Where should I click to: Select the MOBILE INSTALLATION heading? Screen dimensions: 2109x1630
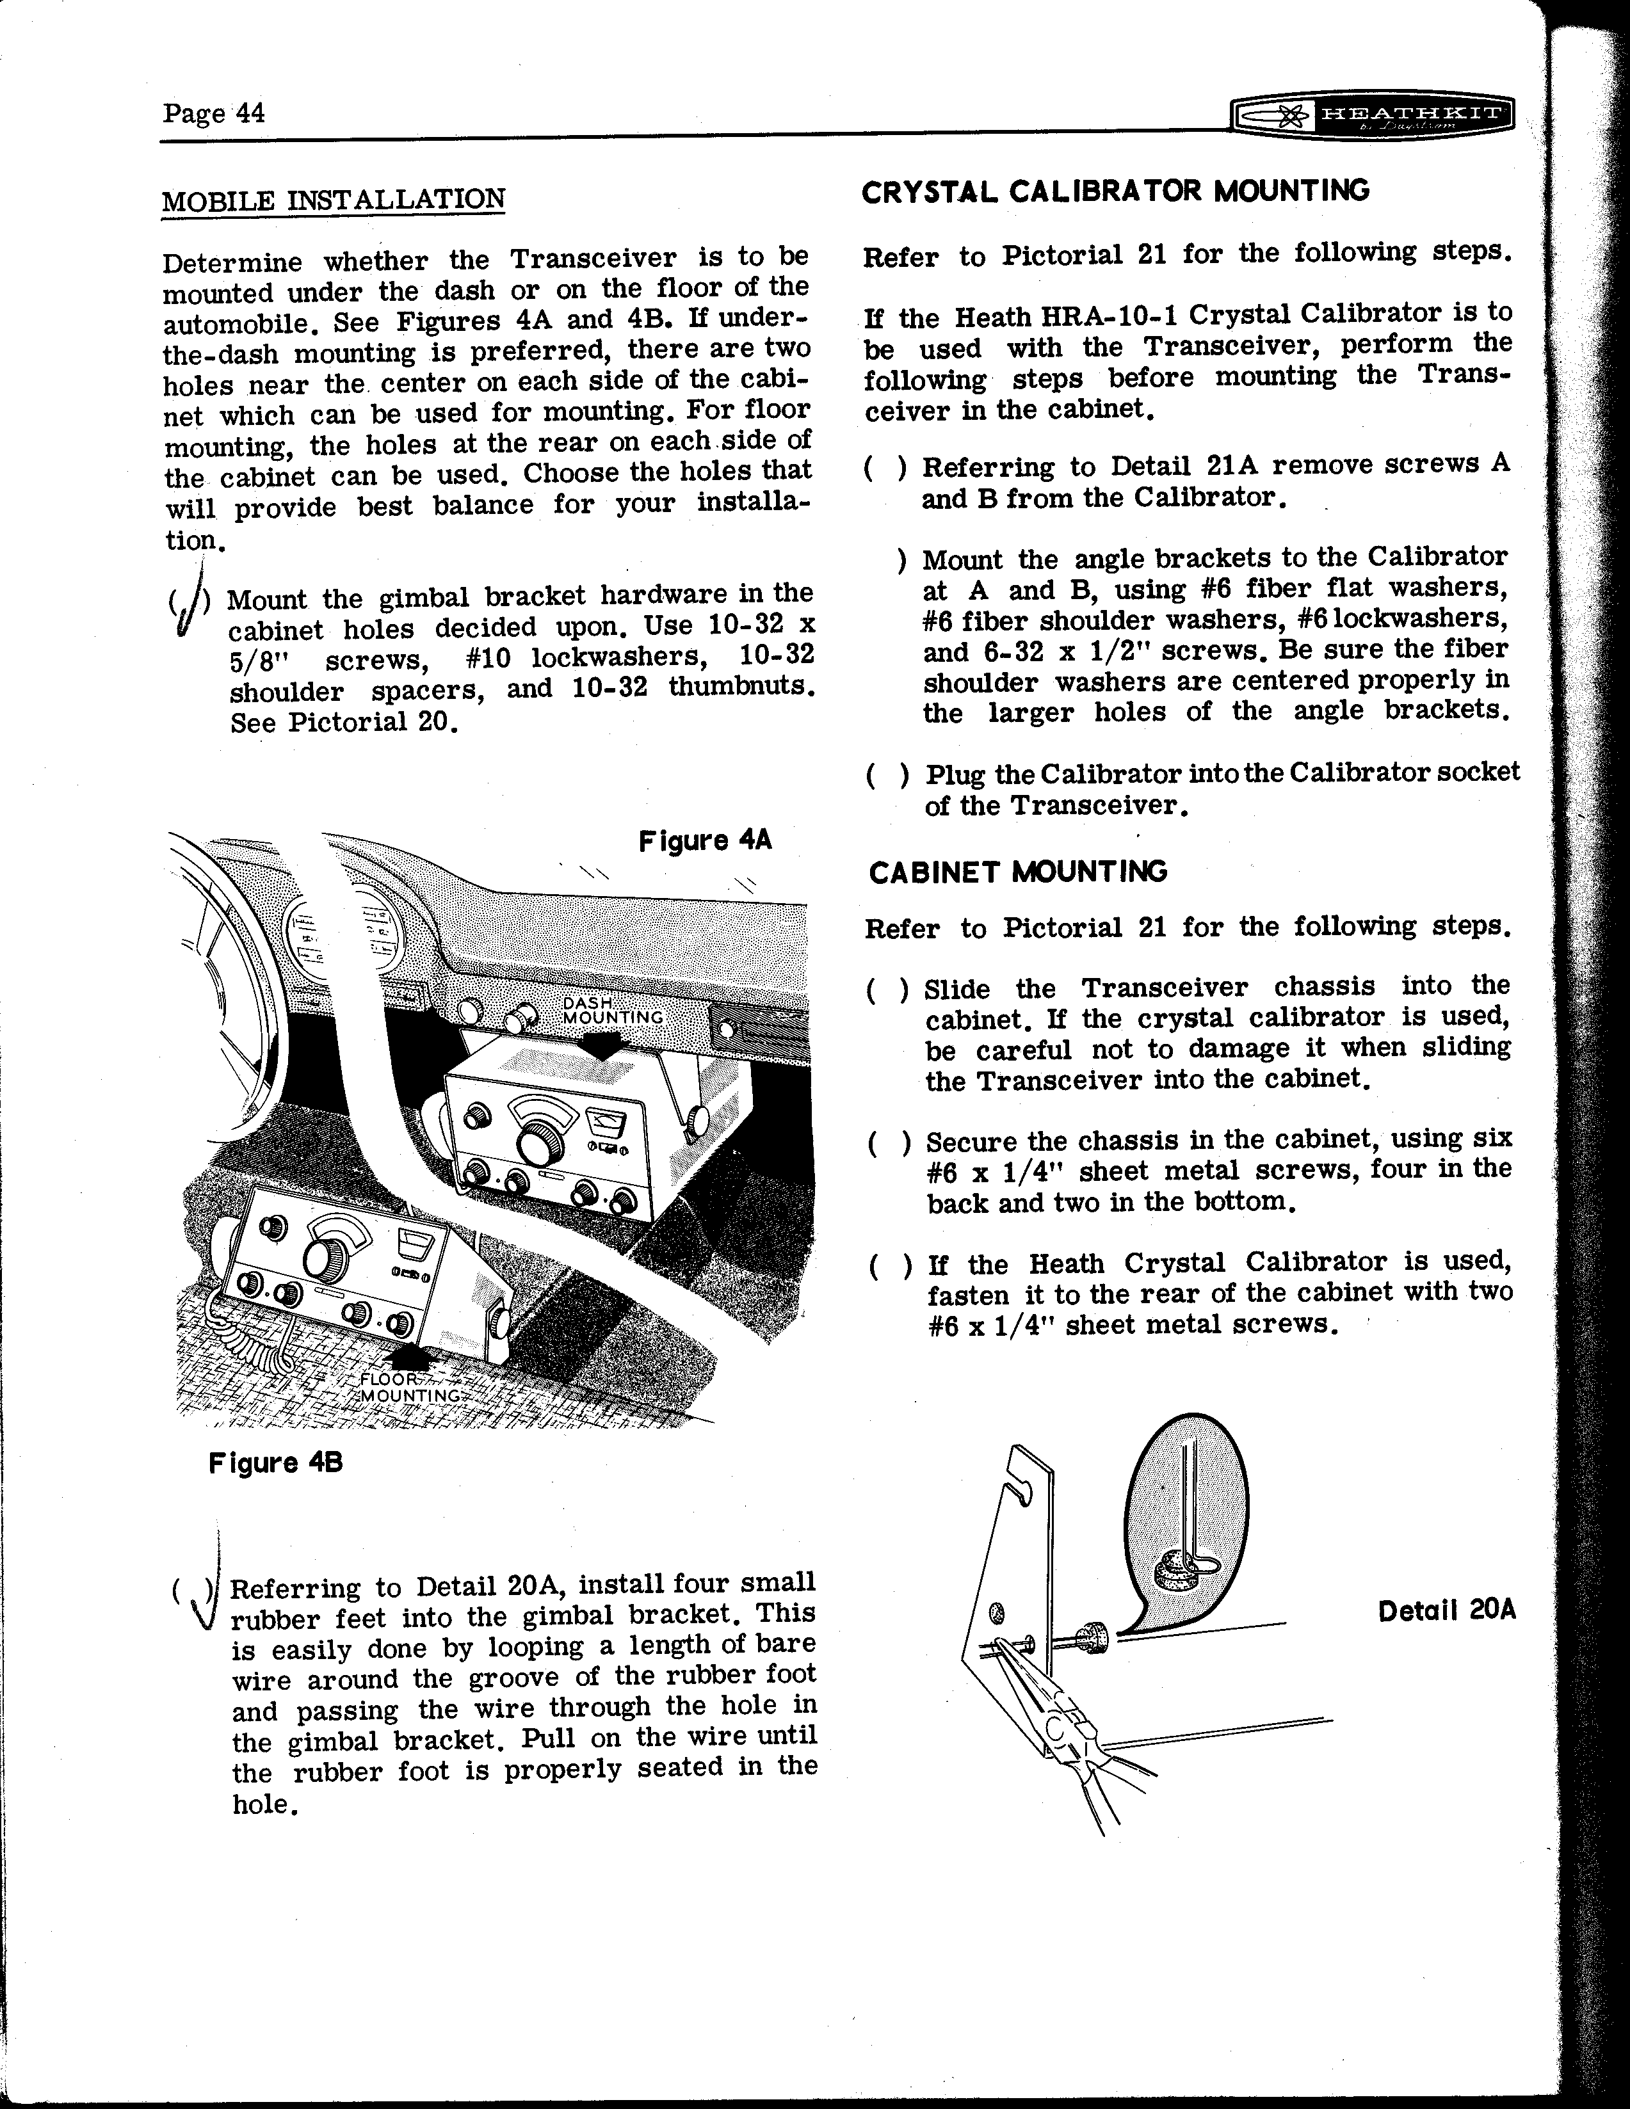333,200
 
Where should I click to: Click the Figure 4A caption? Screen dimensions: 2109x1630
705,840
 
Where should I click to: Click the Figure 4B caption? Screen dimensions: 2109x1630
275,1463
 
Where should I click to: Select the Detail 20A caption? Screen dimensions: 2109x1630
1446,1611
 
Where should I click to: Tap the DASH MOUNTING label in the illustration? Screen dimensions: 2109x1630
612,1011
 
